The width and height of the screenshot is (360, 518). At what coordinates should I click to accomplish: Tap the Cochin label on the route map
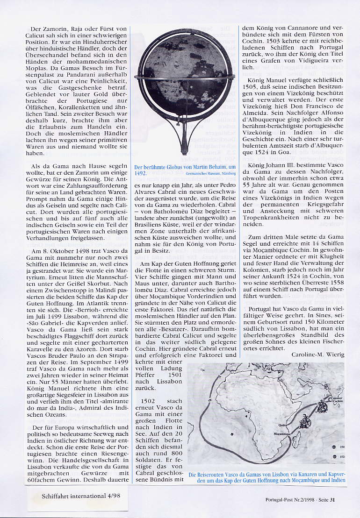pos(332,403)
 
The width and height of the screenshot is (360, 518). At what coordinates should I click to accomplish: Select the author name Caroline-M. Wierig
pos(318,355)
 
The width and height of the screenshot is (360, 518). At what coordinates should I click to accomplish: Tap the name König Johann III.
pos(275,178)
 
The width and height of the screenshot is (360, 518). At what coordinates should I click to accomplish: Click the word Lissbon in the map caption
pos(281,475)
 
